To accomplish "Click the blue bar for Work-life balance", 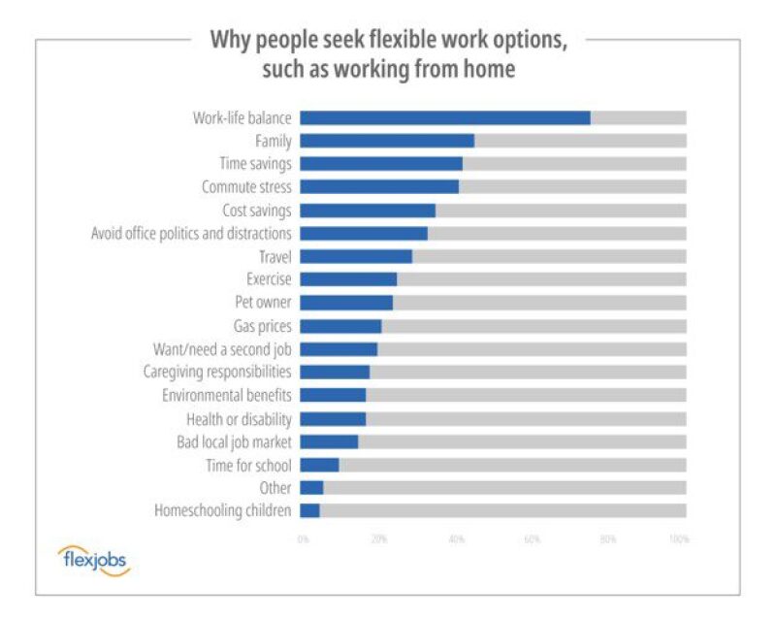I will coord(444,117).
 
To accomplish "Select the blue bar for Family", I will coord(386,141).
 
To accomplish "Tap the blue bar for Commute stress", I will coord(378,186).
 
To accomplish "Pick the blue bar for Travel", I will coord(355,256).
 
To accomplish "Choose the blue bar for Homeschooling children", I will coord(309,510).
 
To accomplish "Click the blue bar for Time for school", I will coord(319,465).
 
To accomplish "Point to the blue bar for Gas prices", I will coord(339,326).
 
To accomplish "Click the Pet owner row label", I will coord(263,303).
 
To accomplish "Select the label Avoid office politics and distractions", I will coord(191,234).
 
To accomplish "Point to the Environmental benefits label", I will coord(227,396).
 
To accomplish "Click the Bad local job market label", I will coord(234,441).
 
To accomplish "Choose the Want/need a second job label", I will coord(222,349).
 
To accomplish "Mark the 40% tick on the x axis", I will coord(455,538).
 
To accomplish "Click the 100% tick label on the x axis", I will coord(678,538).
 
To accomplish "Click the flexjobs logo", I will coord(93,560).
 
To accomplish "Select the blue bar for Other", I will coord(311,488).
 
